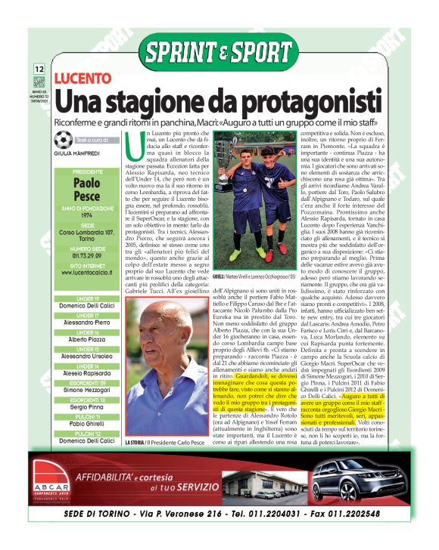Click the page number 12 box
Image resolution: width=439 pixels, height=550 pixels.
point(39,70)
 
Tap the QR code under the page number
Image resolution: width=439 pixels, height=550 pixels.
point(39,82)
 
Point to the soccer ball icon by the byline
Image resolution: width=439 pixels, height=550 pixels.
point(64,139)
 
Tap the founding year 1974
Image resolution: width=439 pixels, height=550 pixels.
point(87,215)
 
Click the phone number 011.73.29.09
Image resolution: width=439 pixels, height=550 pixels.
point(87,255)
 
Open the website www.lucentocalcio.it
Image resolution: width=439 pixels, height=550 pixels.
point(87,273)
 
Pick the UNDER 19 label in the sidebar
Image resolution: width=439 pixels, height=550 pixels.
point(87,298)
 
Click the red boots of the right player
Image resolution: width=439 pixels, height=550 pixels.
point(282,246)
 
